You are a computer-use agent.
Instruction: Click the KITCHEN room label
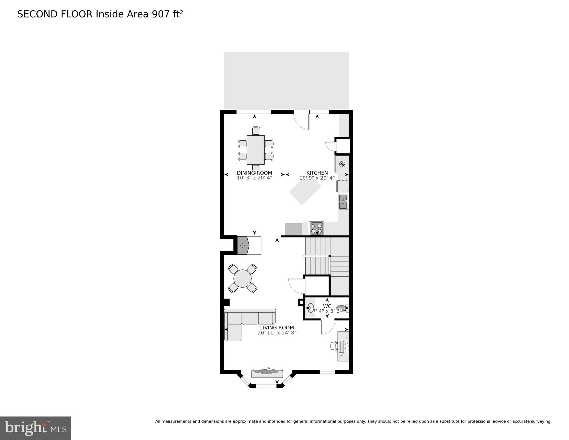click(317, 173)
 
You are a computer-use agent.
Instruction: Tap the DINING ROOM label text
click(254, 173)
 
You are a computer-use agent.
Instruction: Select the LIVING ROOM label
click(277, 328)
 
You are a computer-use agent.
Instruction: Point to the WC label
click(327, 306)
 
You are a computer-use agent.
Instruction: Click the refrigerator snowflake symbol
click(342, 165)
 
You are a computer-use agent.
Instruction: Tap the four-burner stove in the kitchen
click(316, 228)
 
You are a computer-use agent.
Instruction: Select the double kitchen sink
click(343, 202)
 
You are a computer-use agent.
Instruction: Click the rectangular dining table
click(255, 150)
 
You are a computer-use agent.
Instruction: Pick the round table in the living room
click(242, 278)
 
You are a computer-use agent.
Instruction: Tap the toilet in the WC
click(342, 308)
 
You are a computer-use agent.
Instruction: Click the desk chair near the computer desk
click(334, 346)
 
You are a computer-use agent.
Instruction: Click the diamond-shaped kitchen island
click(305, 190)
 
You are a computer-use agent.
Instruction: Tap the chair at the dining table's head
click(256, 131)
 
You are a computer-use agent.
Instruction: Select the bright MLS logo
click(36, 428)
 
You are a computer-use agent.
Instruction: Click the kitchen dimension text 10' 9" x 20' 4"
click(317, 178)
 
